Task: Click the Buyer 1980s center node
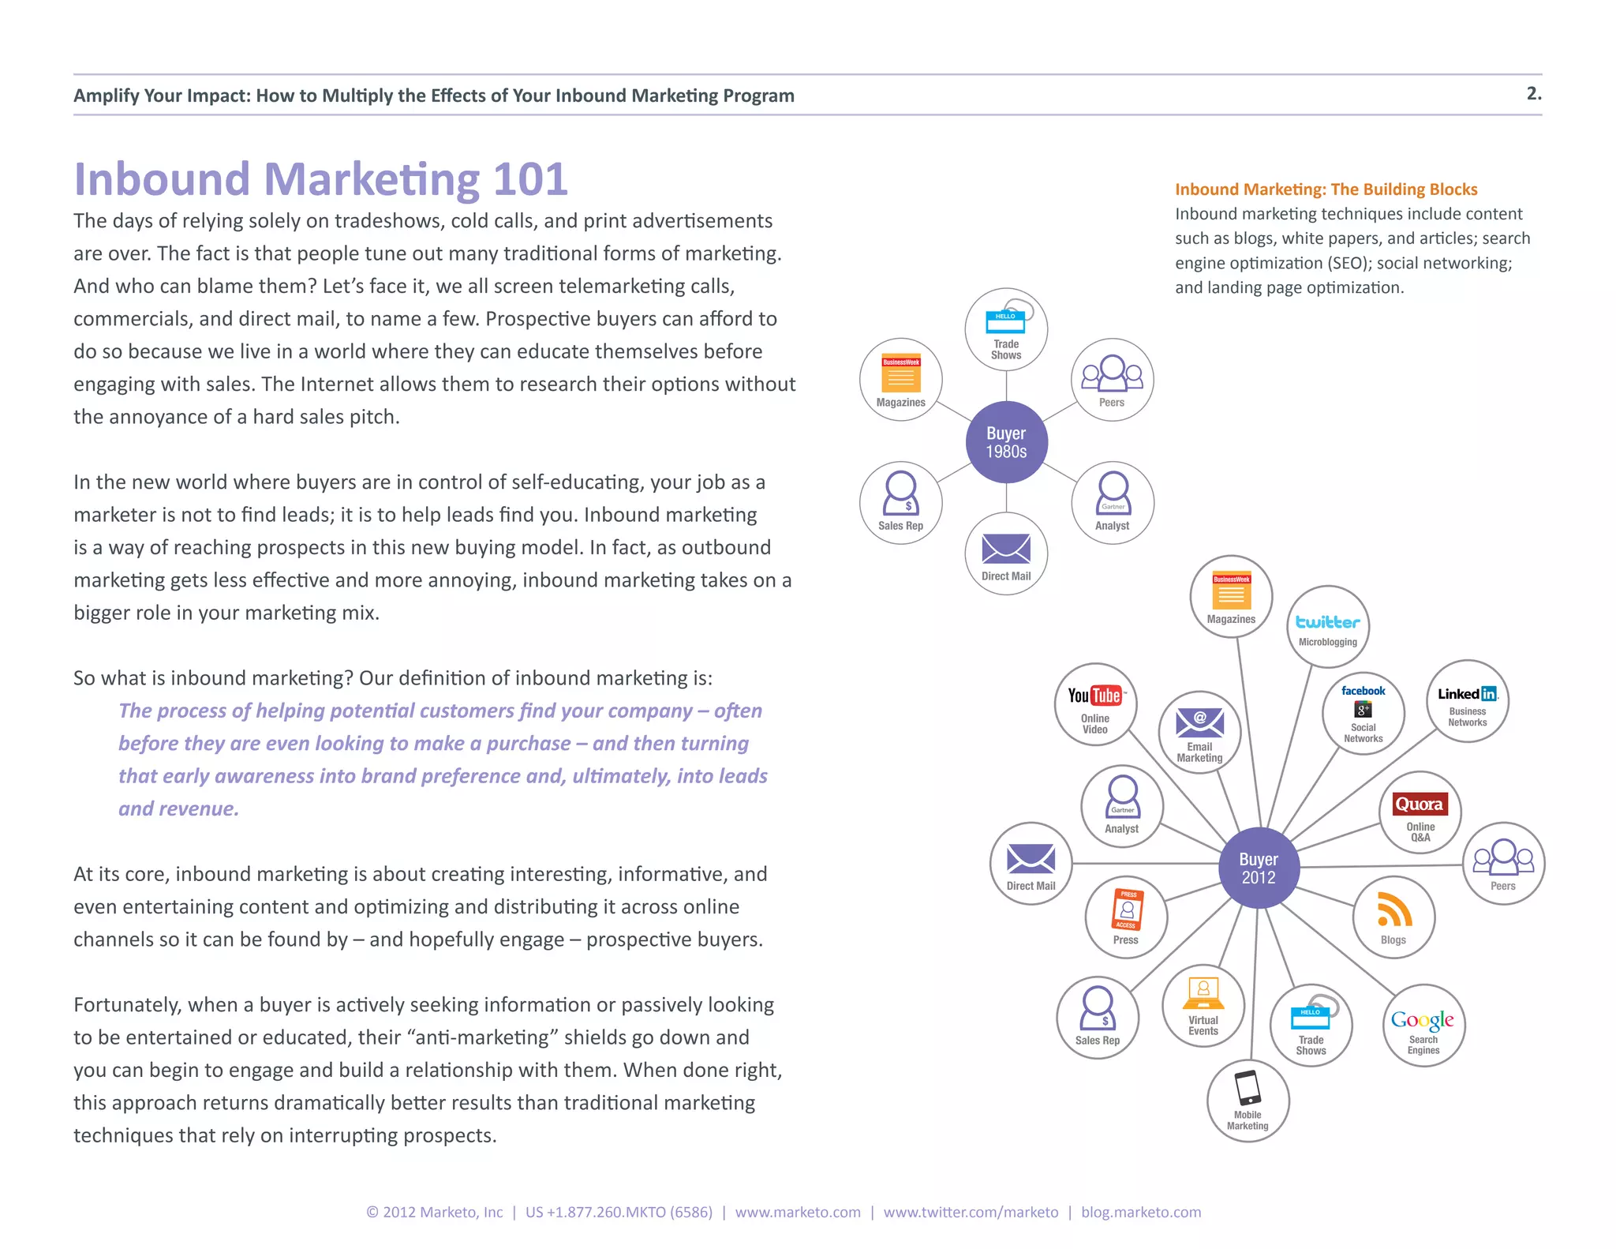(x=1006, y=442)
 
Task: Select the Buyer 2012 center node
(x=1259, y=868)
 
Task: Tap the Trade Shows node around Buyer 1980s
(x=1006, y=329)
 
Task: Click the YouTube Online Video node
(x=1095, y=704)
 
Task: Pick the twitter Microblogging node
(x=1328, y=627)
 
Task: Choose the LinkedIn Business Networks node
(x=1468, y=701)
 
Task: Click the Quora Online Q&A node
(x=1420, y=812)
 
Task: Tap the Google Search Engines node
(x=1423, y=1026)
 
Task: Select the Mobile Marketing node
(x=1248, y=1101)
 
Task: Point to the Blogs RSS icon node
(x=1393, y=917)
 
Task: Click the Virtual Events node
(x=1203, y=1006)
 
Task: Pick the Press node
(x=1126, y=917)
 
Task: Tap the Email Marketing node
(x=1199, y=732)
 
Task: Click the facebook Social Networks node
(x=1363, y=713)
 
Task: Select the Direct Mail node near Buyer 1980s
(x=1006, y=553)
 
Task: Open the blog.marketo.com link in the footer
(x=1141, y=1212)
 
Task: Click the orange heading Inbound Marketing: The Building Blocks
(x=1326, y=189)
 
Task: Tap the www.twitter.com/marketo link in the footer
(x=971, y=1212)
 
